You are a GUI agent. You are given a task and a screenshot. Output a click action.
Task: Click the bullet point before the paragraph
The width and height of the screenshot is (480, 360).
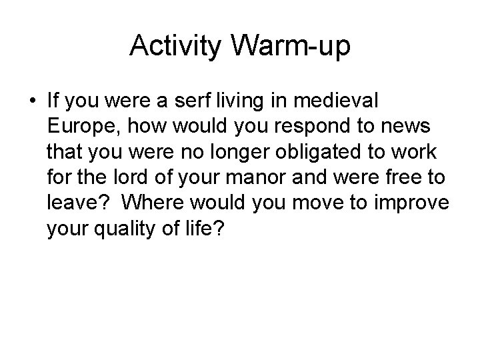coord(33,101)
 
